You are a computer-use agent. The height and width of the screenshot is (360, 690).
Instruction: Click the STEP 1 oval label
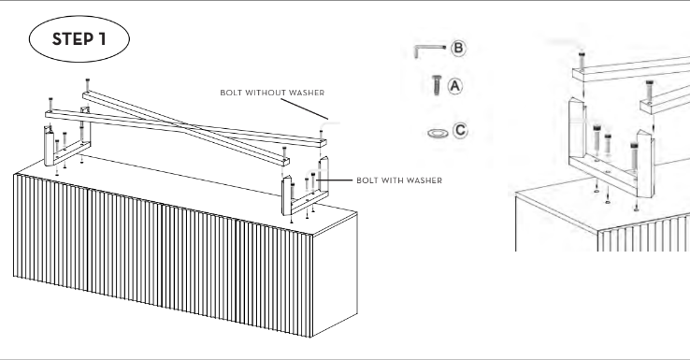pos(79,38)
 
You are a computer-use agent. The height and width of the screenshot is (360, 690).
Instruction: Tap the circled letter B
pos(458,48)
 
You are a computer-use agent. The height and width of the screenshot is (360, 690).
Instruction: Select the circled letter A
pos(455,86)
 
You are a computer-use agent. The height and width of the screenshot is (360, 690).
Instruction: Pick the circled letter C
pos(460,130)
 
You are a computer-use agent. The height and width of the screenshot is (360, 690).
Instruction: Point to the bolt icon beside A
pos(437,85)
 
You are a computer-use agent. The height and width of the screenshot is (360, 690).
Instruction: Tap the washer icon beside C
pos(438,133)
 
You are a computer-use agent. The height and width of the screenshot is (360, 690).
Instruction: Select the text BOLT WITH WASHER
pos(399,180)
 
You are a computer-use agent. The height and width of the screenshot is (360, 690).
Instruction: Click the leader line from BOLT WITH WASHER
pos(335,180)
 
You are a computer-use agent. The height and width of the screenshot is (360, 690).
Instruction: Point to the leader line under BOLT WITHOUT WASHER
pos(305,108)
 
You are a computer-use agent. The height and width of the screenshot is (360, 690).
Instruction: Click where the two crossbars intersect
pos(188,128)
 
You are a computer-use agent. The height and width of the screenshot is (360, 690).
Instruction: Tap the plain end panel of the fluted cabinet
pos(335,274)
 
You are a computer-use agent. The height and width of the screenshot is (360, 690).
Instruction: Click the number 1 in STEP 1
pos(102,39)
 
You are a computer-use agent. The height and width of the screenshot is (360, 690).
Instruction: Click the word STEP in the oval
pos(73,39)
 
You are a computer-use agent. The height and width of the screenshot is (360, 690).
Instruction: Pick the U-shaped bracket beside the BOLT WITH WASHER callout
pos(305,195)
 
